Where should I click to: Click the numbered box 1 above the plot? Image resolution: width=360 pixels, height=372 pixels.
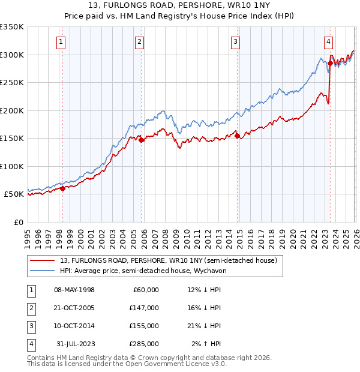(x=62, y=42)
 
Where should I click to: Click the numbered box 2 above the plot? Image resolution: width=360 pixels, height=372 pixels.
(x=139, y=42)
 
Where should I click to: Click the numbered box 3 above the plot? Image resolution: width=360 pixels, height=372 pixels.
(x=235, y=42)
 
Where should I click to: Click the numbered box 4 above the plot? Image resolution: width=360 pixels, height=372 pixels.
(x=329, y=42)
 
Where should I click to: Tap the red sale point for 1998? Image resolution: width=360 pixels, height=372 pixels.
(x=62, y=188)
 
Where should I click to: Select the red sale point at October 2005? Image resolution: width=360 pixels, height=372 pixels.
(x=142, y=140)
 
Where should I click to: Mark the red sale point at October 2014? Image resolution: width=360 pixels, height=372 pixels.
(x=237, y=136)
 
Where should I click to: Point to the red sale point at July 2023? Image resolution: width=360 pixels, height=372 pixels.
(x=330, y=62)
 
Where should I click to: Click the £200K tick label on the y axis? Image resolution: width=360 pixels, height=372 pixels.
(x=12, y=110)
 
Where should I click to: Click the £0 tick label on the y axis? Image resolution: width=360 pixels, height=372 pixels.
(x=18, y=222)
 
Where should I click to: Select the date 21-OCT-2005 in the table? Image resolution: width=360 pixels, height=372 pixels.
(x=74, y=308)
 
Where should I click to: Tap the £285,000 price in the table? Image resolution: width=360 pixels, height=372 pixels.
(x=144, y=344)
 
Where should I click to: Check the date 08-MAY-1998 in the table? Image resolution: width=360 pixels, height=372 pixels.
(x=74, y=290)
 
